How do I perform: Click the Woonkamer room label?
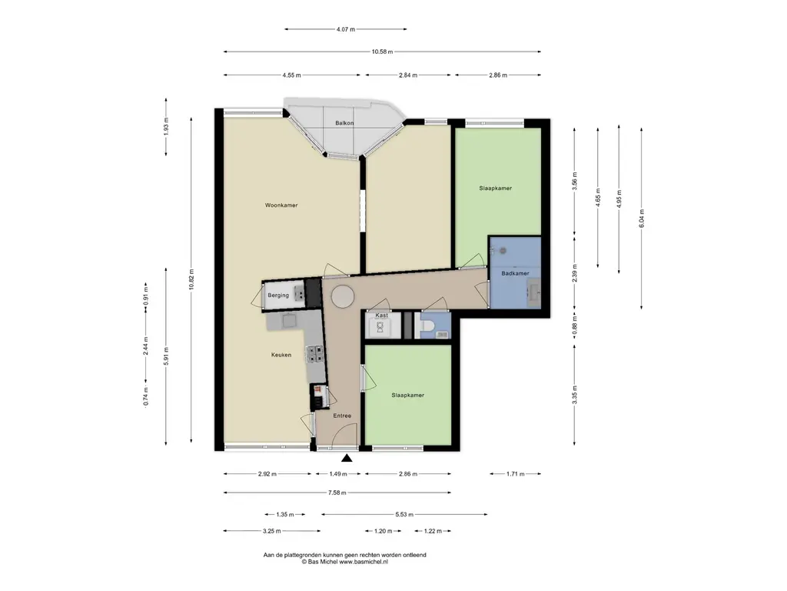(x=281, y=205)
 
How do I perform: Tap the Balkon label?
(x=344, y=123)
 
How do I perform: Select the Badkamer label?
(x=515, y=273)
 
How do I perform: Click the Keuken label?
(x=281, y=355)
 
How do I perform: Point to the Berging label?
(x=278, y=295)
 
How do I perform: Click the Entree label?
(x=342, y=416)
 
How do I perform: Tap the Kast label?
(x=381, y=316)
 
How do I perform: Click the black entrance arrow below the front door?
(x=347, y=458)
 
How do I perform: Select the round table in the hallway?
(x=342, y=296)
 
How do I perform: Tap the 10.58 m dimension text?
(x=382, y=52)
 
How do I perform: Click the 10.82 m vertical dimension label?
(x=191, y=279)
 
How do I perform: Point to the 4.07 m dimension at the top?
(x=345, y=29)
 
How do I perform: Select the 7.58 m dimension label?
(x=337, y=493)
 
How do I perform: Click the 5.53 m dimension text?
(x=404, y=515)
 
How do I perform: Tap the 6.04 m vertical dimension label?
(x=642, y=219)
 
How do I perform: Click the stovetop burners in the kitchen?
(x=314, y=354)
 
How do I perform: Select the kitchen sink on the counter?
(x=289, y=320)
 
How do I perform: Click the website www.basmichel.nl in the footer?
(x=364, y=562)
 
